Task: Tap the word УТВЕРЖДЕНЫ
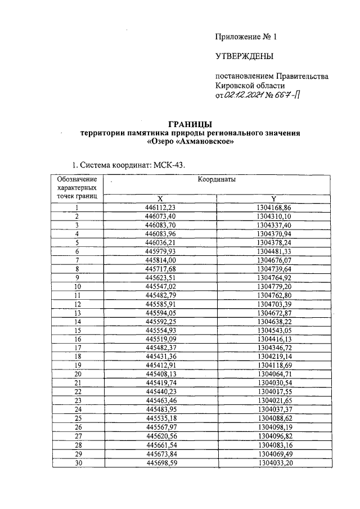coord(244,56)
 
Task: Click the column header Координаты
coord(216,179)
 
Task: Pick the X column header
coord(160,199)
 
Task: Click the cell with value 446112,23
coord(160,208)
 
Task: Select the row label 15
coord(76,330)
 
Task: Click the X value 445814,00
coord(160,260)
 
